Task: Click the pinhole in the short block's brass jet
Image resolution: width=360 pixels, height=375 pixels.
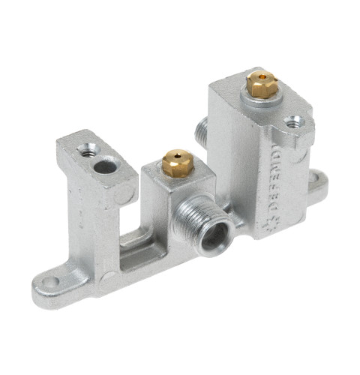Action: click(177, 156)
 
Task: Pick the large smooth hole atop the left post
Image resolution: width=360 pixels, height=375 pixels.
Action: click(105, 164)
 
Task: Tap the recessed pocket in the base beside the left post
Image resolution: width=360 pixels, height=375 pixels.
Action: click(137, 241)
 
